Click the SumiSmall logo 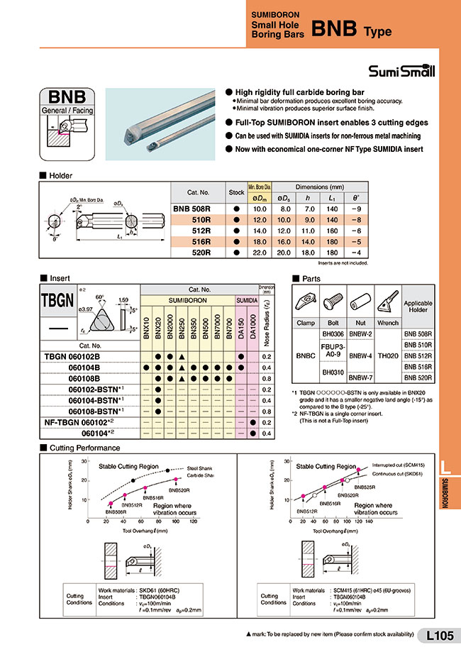pyautogui.click(x=401, y=71)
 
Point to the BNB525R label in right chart pyautogui.click(x=365, y=487)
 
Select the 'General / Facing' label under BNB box pyautogui.click(x=68, y=111)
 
